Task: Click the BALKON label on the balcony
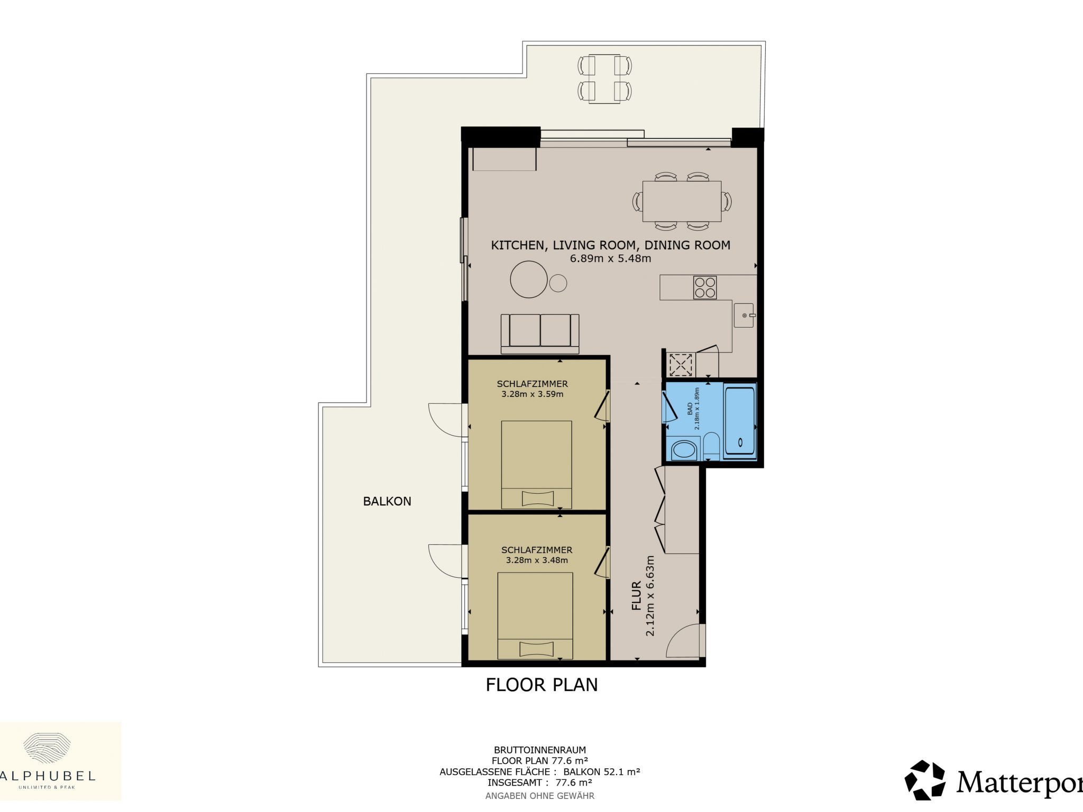click(387, 501)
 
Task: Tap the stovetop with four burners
click(705, 288)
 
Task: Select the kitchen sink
click(744, 315)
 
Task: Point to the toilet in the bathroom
click(711, 446)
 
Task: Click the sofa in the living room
click(540, 334)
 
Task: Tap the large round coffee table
click(529, 279)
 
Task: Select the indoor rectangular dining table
click(682, 201)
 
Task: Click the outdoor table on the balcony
click(604, 79)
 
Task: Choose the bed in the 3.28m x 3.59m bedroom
click(536, 465)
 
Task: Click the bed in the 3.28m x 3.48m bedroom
click(535, 616)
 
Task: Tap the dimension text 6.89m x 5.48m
click(610, 259)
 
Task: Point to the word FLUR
click(637, 596)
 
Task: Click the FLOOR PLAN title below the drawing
click(541, 685)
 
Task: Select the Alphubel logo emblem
click(48, 748)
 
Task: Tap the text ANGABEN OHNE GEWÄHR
click(540, 796)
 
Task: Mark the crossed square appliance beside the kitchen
click(681, 364)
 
